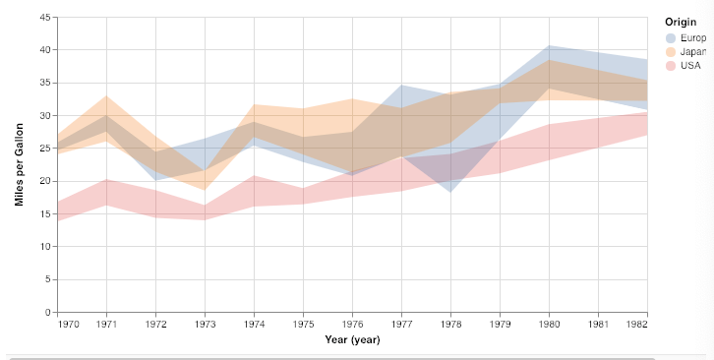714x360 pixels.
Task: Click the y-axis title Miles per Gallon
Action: [19, 164]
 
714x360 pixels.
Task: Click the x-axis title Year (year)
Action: [352, 339]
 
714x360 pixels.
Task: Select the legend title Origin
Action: [681, 22]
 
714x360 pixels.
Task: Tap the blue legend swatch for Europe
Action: [672, 37]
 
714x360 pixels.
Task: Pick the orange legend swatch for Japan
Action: [672, 51]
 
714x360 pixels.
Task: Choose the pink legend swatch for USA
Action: [672, 65]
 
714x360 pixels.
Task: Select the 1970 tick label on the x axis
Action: [69, 324]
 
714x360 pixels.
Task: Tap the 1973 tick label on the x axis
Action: [205, 324]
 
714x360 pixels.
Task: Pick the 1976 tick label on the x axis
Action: [352, 324]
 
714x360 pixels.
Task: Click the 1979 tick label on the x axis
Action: [500, 324]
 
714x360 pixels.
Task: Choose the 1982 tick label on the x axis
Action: [635, 324]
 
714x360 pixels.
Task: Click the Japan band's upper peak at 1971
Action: [107, 96]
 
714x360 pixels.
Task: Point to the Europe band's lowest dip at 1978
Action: [450, 191]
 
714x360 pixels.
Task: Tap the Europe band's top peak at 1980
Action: [549, 46]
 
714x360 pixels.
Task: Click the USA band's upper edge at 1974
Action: [255, 176]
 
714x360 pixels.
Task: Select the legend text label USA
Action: [691, 65]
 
